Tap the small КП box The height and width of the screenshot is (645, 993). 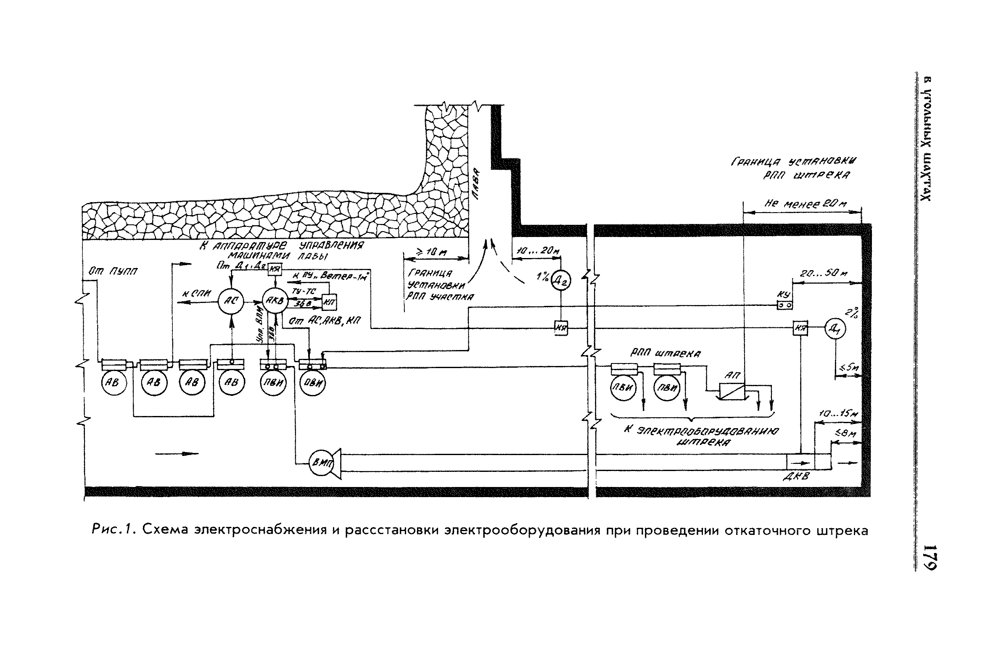pos(329,302)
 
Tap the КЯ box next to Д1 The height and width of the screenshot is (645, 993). pos(800,329)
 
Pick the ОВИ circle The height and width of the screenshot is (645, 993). pos(313,383)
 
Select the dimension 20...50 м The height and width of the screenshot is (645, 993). pos(824,274)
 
